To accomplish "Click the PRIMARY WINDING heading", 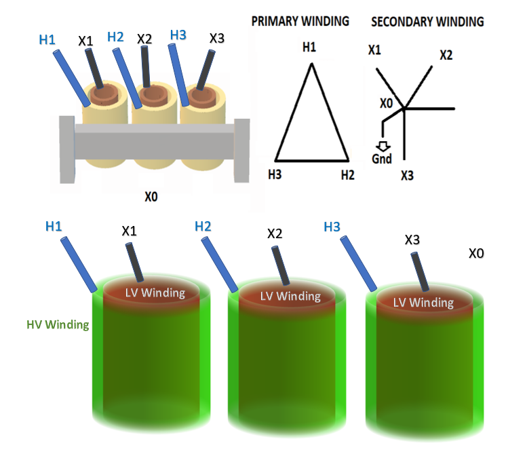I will click(300, 21).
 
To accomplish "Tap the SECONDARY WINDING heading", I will click(427, 22).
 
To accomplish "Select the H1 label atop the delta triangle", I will click(309, 48).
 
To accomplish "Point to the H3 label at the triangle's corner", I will click(274, 174).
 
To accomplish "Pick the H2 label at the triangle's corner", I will click(347, 175).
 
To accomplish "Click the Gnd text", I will click(382, 159).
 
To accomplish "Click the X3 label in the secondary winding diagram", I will click(407, 176).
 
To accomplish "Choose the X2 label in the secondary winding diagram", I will click(445, 55).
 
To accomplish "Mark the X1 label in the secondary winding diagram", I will click(374, 50).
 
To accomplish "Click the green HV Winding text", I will click(58, 325).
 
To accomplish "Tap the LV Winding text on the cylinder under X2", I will click(290, 296).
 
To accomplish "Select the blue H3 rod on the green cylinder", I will click(358, 265).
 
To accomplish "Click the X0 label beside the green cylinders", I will click(476, 253).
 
